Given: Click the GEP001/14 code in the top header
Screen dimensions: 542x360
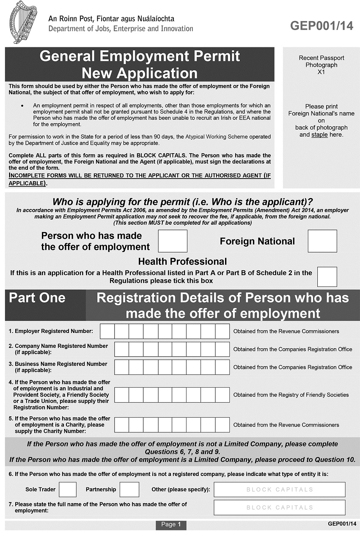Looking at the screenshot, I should tap(322, 26).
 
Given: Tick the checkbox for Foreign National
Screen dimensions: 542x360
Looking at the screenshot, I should tap(322, 241).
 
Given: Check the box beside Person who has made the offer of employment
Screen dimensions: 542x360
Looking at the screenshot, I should tap(173, 241).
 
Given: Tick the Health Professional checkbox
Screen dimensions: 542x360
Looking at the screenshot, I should tap(327, 277).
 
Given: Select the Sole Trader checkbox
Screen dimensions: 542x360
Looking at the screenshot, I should tap(68, 490).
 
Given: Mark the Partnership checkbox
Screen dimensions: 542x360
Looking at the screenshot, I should tap(129, 490).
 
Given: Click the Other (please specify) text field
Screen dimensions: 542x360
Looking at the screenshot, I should tap(279, 490).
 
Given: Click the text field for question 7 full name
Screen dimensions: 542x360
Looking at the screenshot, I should tap(279, 507).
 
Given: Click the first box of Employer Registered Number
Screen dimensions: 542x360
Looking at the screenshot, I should tap(107, 331).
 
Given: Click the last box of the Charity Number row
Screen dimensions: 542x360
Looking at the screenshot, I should tap(222, 425).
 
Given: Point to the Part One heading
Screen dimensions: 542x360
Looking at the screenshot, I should tap(37, 298).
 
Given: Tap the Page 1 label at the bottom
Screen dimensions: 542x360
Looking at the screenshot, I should tap(171, 525).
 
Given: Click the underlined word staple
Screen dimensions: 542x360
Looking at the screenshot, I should tap(319, 135).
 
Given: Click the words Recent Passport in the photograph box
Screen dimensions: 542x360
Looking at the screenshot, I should tap(321, 58).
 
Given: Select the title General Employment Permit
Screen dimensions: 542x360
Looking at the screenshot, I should tap(140, 56).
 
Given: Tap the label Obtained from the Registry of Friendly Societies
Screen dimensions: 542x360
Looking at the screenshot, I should tap(291, 395).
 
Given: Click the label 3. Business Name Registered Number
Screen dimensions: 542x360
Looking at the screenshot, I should tap(58, 364).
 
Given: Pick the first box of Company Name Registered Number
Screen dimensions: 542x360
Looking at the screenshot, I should tap(121, 349).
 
